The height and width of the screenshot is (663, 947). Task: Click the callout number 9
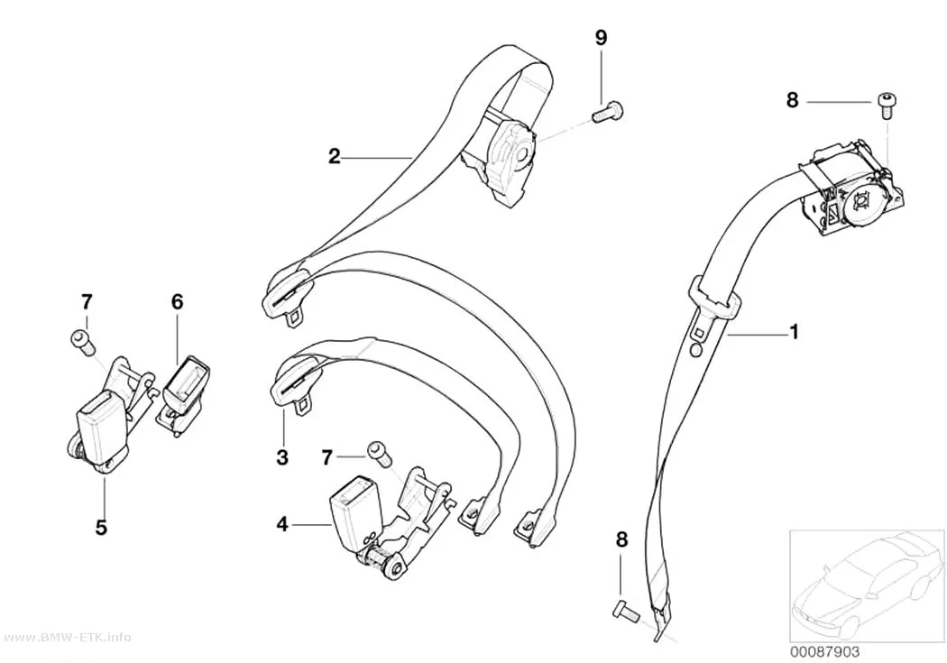601,38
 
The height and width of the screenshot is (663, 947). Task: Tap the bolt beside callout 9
607,114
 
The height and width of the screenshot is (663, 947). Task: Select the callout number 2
335,157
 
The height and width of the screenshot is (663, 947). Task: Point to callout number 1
795,332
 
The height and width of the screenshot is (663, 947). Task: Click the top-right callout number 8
793,100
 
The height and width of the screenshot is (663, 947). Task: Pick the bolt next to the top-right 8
886,106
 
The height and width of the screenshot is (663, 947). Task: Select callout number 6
177,301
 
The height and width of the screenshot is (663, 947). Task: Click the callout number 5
101,527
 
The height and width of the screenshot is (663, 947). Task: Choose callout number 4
282,524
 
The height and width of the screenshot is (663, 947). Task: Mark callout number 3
282,457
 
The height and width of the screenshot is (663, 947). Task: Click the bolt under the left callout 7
81,342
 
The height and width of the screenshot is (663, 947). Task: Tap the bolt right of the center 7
378,453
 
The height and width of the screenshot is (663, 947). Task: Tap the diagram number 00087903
824,652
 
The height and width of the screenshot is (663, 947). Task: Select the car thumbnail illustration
867,585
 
